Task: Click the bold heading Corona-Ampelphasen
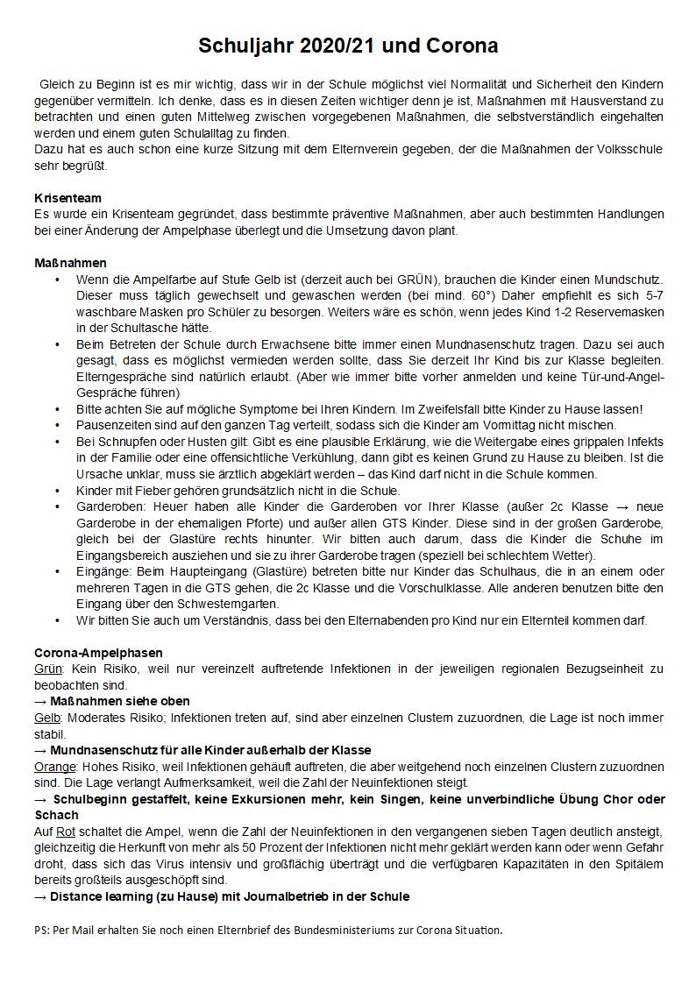click(98, 653)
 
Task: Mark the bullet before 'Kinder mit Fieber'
click(57, 491)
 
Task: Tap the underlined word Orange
click(54, 767)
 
